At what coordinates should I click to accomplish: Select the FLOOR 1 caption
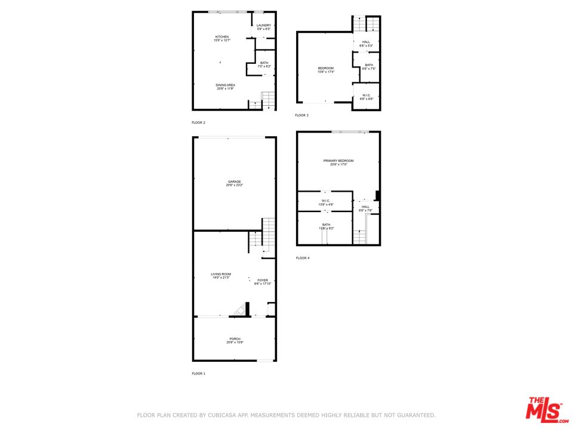click(198, 373)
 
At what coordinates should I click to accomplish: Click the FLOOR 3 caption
click(301, 115)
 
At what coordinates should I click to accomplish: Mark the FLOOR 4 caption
click(303, 258)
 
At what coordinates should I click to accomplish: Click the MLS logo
click(544, 409)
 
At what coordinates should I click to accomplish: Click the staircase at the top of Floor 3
click(366, 24)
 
